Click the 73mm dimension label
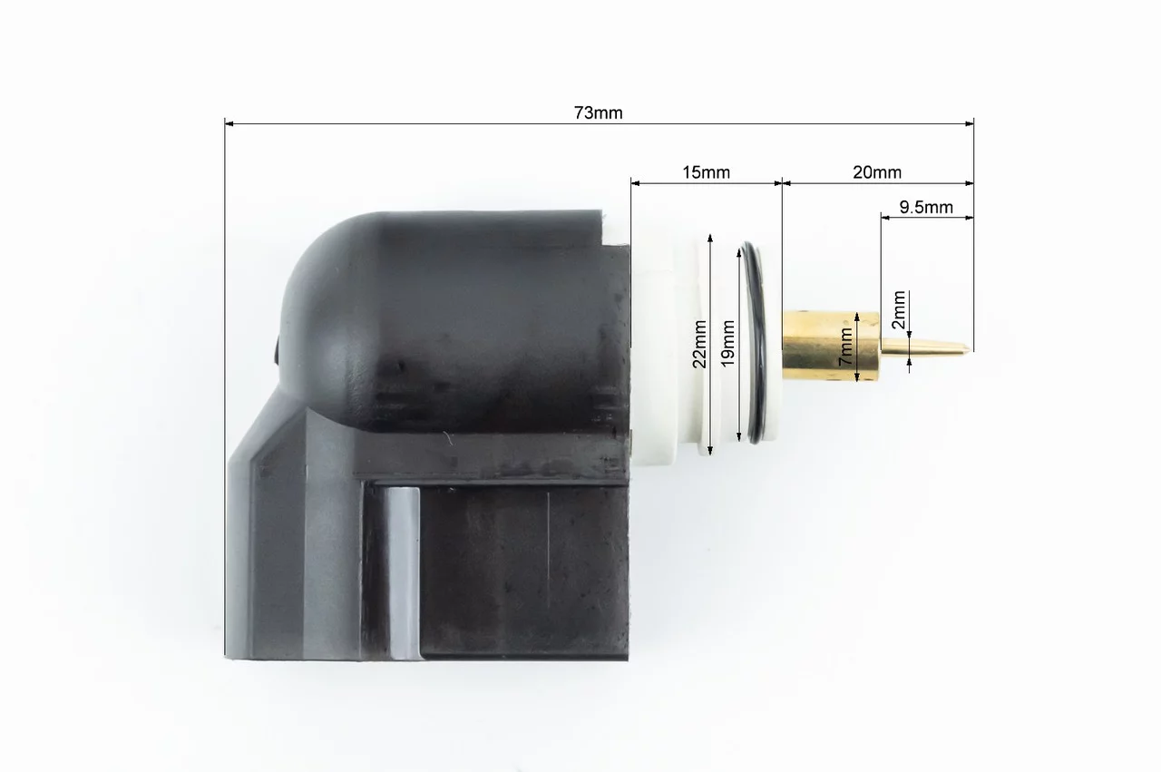(598, 113)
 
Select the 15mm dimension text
(706, 172)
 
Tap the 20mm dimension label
(877, 172)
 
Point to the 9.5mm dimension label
(926, 208)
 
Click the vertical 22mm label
(699, 344)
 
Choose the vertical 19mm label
(728, 343)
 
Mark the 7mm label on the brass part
(846, 347)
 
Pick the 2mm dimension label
(899, 310)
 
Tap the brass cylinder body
(832, 347)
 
